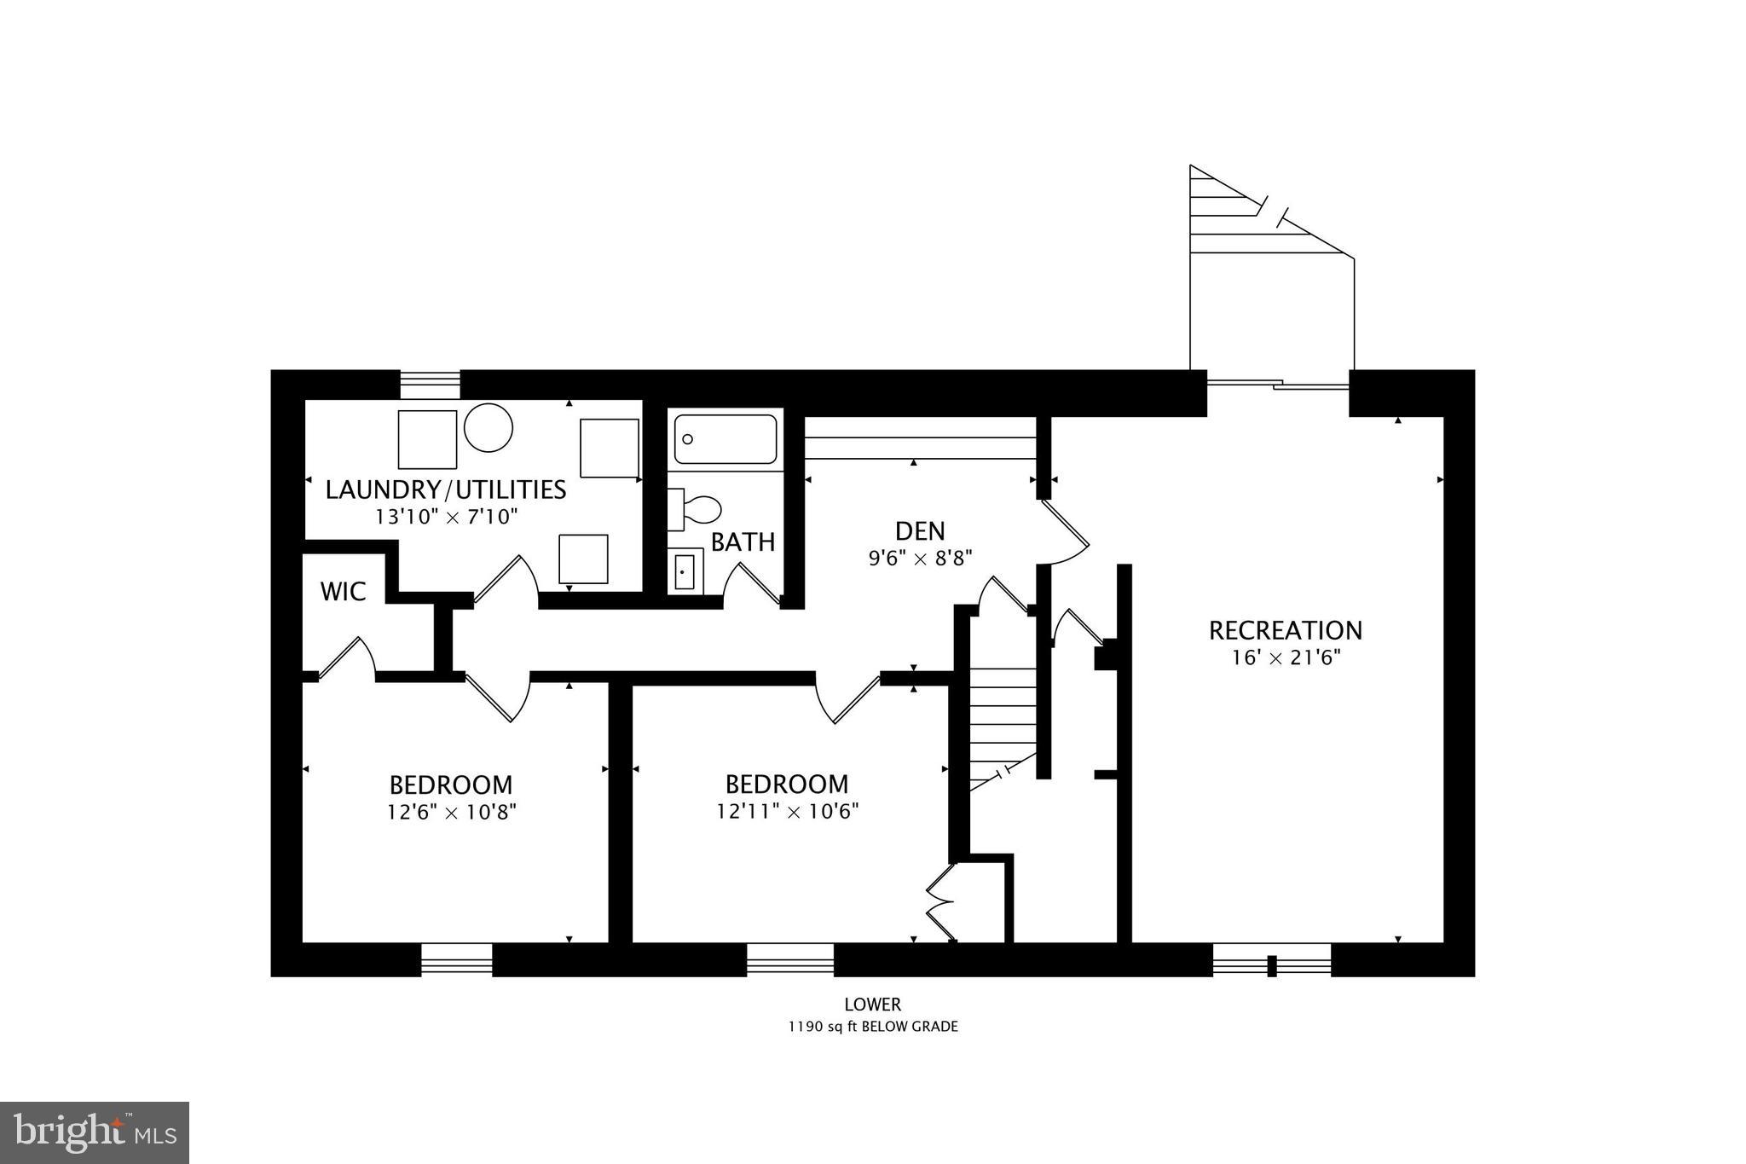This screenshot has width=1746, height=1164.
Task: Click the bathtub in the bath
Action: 726,439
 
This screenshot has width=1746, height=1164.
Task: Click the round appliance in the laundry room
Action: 489,427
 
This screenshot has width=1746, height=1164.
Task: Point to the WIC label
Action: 343,591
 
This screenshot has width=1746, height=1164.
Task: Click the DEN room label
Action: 920,531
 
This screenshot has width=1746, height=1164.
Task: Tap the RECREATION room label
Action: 1285,630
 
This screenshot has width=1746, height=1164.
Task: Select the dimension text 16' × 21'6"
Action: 1286,657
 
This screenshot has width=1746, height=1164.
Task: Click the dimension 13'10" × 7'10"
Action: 446,516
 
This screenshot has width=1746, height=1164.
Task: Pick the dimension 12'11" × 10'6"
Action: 786,810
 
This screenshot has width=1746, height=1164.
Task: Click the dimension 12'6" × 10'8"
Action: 451,811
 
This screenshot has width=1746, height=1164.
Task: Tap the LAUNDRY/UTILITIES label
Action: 445,489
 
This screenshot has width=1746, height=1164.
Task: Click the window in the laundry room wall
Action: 430,385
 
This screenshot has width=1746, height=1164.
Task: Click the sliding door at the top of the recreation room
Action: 1277,386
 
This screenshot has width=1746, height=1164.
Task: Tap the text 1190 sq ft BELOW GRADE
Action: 872,1027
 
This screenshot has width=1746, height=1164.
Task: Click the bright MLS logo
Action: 95,1132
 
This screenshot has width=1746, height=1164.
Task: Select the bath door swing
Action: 750,586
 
